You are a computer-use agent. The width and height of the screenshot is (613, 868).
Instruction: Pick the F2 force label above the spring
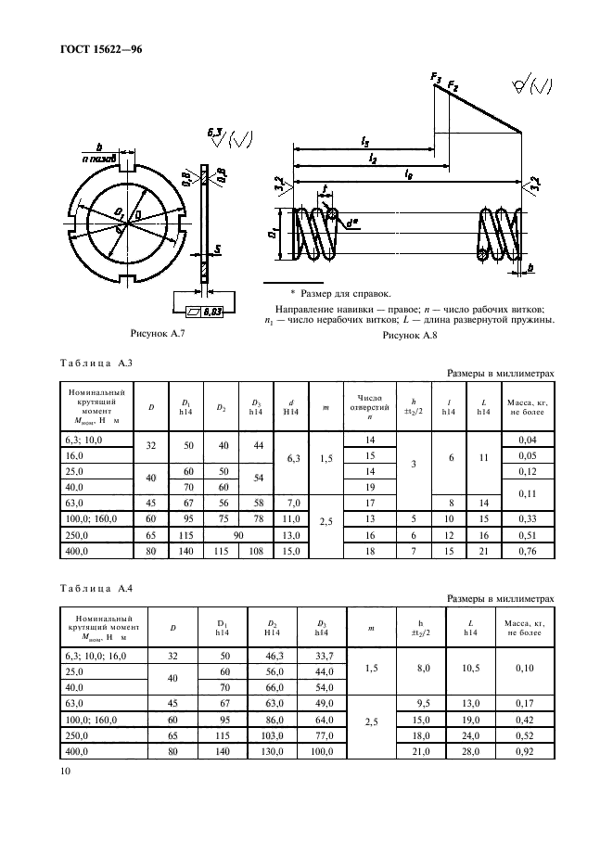tap(453, 87)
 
